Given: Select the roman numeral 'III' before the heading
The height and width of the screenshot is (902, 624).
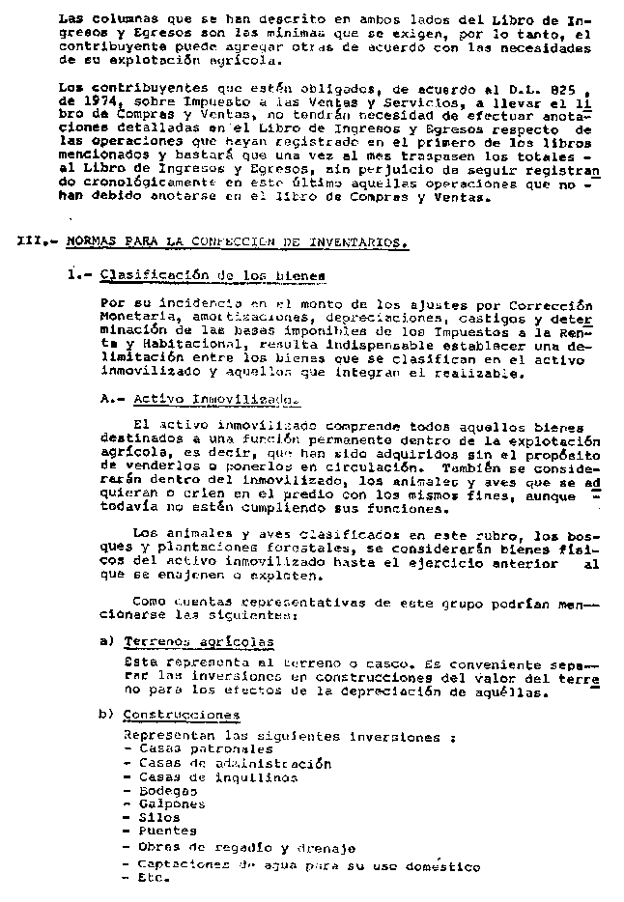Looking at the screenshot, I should point(31,242).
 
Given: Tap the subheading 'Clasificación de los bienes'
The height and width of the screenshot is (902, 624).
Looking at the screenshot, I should point(213,275).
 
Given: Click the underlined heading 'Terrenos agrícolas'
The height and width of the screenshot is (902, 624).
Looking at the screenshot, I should point(198,640).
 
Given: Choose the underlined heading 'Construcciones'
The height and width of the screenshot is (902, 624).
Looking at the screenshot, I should point(182,715).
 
